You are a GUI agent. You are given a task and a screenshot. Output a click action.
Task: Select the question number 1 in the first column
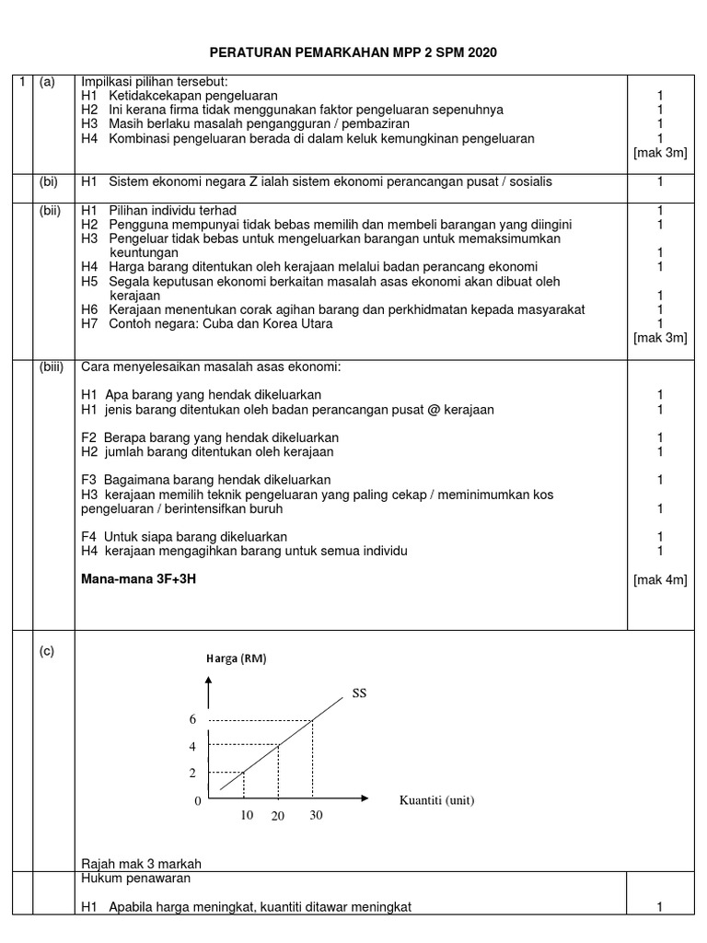coord(24,82)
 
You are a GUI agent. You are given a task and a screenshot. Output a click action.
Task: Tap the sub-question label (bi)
coord(49,182)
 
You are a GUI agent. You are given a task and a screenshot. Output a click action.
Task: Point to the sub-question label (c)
coord(47,652)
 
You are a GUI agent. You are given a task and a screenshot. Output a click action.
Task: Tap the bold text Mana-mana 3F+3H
coord(139,579)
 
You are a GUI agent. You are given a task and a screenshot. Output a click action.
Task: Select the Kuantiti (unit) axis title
coord(436,800)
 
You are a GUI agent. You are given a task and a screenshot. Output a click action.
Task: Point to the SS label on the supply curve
coord(358,693)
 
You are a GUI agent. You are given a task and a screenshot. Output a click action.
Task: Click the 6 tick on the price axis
coord(192,719)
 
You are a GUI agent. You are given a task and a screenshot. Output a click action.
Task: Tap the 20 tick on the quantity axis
coord(278,817)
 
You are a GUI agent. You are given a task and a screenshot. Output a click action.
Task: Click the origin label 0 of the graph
coord(197,801)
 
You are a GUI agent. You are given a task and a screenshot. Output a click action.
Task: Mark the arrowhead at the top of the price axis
coord(210,682)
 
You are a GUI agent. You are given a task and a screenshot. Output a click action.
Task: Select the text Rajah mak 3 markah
coord(141,863)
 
